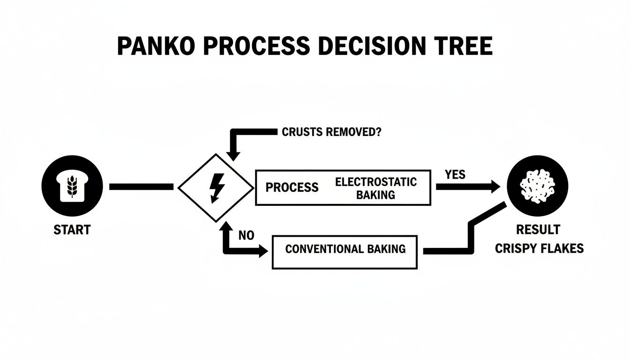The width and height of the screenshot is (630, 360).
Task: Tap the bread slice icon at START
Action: [x=72, y=187]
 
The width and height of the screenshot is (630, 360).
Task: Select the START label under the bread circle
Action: [x=72, y=230]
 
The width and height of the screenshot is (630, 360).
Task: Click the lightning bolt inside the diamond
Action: [x=217, y=187]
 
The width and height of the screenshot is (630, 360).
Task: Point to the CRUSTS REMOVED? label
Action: [x=331, y=132]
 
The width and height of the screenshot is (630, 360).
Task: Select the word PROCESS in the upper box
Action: [x=292, y=187]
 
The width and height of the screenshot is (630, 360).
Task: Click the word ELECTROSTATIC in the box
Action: [x=375, y=182]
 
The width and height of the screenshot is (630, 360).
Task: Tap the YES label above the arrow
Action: [x=455, y=174]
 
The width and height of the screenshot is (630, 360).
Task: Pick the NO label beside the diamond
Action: [x=246, y=236]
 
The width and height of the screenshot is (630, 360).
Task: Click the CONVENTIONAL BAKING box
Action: [x=345, y=252]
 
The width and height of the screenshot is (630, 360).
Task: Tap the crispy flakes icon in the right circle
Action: [x=538, y=186]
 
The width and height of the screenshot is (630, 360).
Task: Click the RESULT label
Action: [x=538, y=230]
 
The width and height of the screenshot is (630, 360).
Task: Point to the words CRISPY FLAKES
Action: [x=539, y=248]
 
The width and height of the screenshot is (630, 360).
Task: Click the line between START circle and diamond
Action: [x=141, y=187]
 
